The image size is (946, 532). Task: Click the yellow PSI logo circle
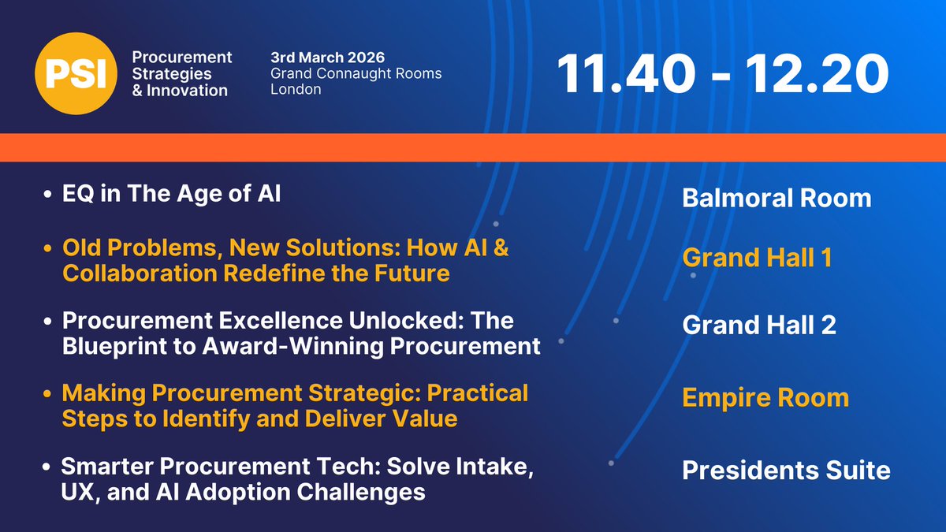76,73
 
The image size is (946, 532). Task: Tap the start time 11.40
625,73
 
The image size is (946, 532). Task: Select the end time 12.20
817,73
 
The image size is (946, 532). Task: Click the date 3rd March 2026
327,58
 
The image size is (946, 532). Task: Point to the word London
296,89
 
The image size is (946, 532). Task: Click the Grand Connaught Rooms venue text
356,73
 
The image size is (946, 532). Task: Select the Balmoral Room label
777,198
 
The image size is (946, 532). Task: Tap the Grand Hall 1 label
757,257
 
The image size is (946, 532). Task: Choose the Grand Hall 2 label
759,325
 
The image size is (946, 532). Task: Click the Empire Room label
765,397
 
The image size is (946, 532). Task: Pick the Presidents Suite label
787,470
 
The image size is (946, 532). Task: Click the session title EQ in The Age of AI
172,194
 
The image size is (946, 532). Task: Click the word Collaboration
140,273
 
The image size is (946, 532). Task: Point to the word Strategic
363,394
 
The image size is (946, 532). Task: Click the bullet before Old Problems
47,248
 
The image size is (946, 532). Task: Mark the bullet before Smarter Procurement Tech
47,467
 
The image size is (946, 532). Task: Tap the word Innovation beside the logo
187,91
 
